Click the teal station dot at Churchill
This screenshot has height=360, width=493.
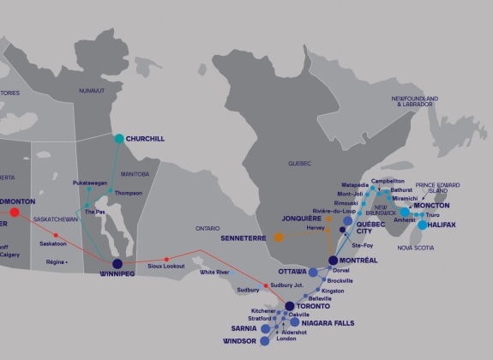tap(118, 138)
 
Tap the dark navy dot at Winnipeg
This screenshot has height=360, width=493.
tap(117, 264)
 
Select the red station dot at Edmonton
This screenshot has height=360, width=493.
tap(15, 211)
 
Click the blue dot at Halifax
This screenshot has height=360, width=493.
tap(422, 225)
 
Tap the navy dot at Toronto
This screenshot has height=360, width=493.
tap(290, 306)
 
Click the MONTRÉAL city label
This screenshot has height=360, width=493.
tap(359, 260)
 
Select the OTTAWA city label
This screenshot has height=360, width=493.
tap(292, 272)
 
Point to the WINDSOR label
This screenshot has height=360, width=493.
tap(239, 341)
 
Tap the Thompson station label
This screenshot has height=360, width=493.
tap(128, 193)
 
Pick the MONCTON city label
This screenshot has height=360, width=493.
tap(431, 207)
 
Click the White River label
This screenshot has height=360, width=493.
tap(214, 273)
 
